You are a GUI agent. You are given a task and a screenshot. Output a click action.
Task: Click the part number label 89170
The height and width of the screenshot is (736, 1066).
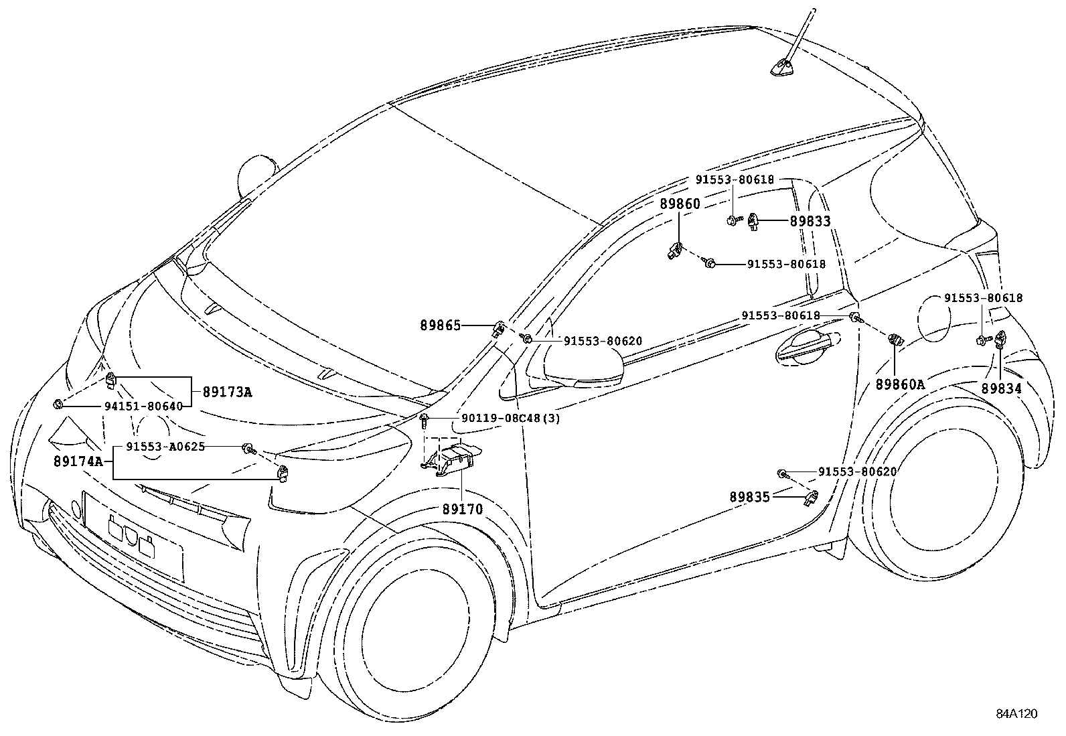point(462,509)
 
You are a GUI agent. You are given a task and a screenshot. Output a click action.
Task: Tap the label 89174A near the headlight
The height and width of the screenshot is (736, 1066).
point(78,461)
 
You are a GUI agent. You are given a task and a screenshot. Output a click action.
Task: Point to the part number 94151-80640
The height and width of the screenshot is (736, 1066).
point(143,406)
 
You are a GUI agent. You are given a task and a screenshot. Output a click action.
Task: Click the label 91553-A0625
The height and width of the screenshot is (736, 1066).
point(165,447)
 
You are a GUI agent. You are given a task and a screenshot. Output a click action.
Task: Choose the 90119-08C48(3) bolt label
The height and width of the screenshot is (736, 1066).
point(510,419)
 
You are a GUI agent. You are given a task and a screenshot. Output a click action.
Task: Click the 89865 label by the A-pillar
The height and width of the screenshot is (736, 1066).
point(440,325)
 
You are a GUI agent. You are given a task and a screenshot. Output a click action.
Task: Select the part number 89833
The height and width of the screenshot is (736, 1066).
point(810,221)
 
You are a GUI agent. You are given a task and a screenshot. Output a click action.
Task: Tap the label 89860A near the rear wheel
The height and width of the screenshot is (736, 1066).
point(900,384)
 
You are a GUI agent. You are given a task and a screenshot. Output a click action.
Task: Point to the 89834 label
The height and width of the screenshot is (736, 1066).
point(1002,388)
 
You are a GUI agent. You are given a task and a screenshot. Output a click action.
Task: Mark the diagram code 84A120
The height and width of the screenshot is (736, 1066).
point(1016,714)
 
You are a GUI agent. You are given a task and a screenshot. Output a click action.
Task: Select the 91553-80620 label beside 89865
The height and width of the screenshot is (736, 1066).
point(603,342)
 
